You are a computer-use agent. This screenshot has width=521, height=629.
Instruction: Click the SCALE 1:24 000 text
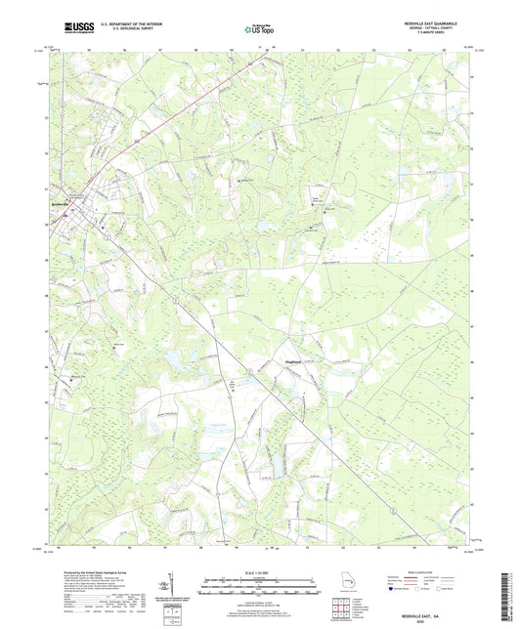click(x=258, y=572)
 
